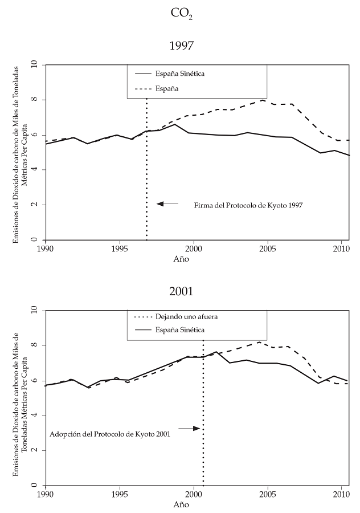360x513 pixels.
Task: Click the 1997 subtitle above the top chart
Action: coord(181,45)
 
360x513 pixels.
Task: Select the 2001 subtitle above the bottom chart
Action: coord(181,291)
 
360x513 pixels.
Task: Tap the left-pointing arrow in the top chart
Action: coord(167,203)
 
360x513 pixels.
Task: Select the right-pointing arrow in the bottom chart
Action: coord(189,428)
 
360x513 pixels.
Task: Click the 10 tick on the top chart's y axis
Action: coord(34,64)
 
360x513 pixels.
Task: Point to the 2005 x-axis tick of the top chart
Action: coord(268,249)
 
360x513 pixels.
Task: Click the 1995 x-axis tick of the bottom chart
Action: coord(119,495)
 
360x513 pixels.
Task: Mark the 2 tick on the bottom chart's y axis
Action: coord(35,450)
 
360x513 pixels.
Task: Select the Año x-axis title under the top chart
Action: coord(181,259)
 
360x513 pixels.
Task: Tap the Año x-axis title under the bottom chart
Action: coord(181,506)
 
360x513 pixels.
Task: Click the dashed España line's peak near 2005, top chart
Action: coord(262,100)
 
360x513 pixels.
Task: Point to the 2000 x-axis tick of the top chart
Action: coord(194,249)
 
